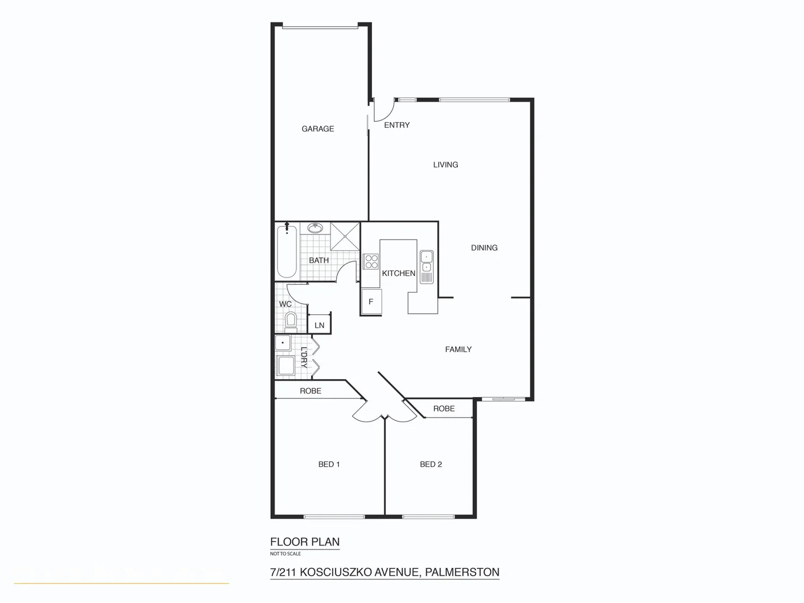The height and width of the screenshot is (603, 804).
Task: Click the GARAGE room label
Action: (318, 129)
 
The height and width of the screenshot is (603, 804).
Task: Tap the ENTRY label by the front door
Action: (397, 125)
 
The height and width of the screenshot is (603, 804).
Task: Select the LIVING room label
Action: (446, 165)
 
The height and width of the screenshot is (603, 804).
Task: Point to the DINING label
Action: (484, 248)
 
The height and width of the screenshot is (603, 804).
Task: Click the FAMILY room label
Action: (458, 350)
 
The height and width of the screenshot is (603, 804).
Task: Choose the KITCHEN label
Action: (399, 274)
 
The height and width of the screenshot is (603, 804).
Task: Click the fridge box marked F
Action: (371, 302)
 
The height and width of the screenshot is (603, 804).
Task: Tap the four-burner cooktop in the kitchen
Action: (371, 261)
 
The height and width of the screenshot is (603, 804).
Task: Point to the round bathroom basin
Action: (315, 228)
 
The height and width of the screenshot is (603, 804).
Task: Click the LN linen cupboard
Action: (319, 325)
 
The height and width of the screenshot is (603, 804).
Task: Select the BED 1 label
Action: (329, 465)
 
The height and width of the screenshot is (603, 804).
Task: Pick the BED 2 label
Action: (431, 465)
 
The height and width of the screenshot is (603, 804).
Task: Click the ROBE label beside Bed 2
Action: (444, 409)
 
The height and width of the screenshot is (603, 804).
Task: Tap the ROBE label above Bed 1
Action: (310, 391)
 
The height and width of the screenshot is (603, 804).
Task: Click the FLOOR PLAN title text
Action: (305, 542)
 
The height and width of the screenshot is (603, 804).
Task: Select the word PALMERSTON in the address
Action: (462, 572)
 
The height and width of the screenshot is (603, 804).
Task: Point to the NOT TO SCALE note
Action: (285, 554)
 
